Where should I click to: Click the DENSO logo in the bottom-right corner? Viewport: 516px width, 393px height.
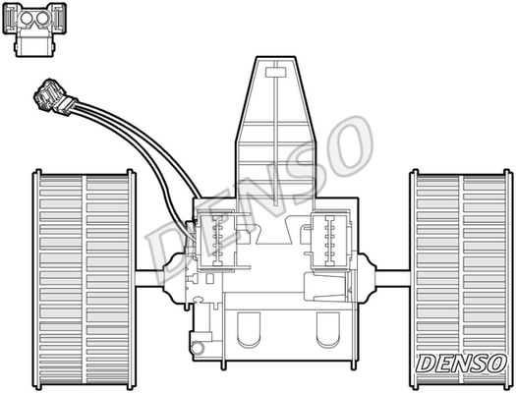point(461,364)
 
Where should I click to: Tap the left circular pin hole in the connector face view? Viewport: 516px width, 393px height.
point(27,19)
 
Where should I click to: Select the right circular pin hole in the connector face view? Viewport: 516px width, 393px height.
point(42,19)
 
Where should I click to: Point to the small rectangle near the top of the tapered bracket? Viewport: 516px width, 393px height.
point(275,73)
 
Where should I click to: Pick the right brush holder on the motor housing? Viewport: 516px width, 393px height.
point(330,241)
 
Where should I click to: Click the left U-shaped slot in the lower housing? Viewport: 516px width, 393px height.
point(249,329)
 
